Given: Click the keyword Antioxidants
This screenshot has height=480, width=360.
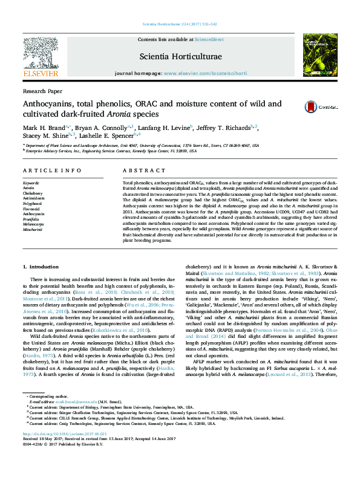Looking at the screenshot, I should click(x=34, y=198).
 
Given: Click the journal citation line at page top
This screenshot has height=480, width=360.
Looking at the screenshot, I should click(x=180, y=24).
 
